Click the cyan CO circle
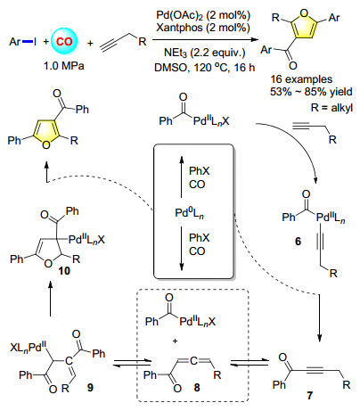coord(64,41)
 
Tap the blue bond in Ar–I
coord(28,42)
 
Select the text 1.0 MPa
coord(64,66)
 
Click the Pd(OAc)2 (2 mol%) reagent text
coord(203,15)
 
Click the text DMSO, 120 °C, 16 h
coord(205,68)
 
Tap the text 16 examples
coord(301,79)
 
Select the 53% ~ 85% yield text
coord(311,92)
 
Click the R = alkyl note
coord(331,107)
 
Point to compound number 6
coord(299,242)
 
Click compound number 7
coord(310,396)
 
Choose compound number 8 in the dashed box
coord(197,387)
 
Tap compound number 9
coord(90,387)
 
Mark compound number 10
coord(64,271)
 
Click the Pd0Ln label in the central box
coord(189,214)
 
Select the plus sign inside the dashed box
coord(176,341)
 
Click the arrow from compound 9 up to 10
coord(50,298)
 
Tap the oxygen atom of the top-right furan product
coord(304,13)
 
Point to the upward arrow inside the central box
coord(182,177)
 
